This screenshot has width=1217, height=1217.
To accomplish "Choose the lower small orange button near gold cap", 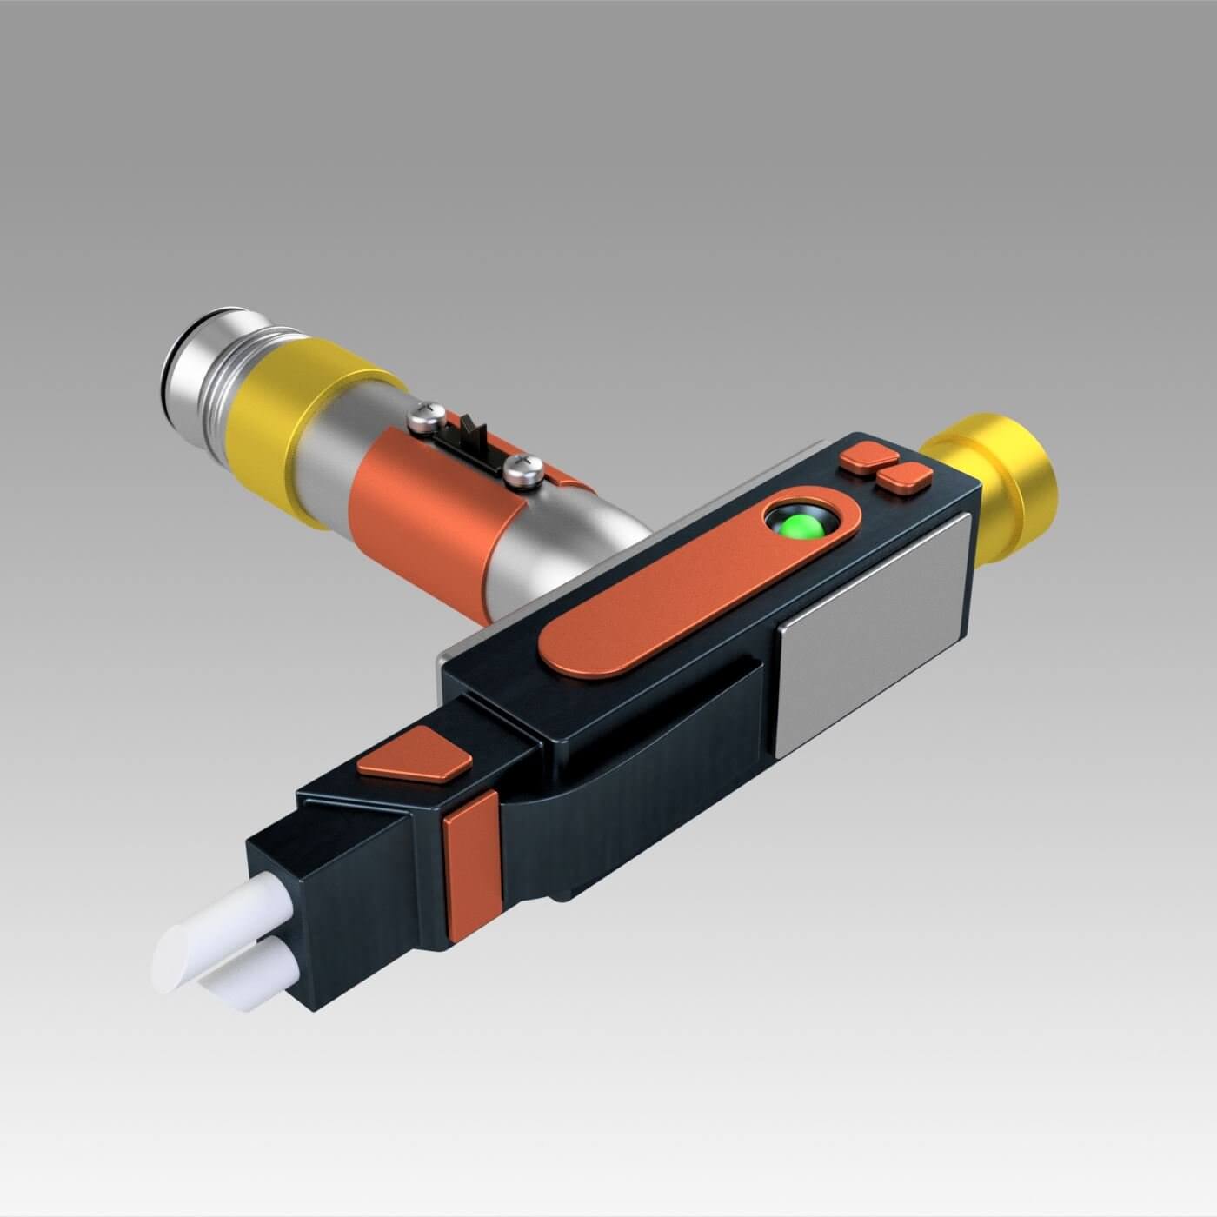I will pos(904,478).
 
